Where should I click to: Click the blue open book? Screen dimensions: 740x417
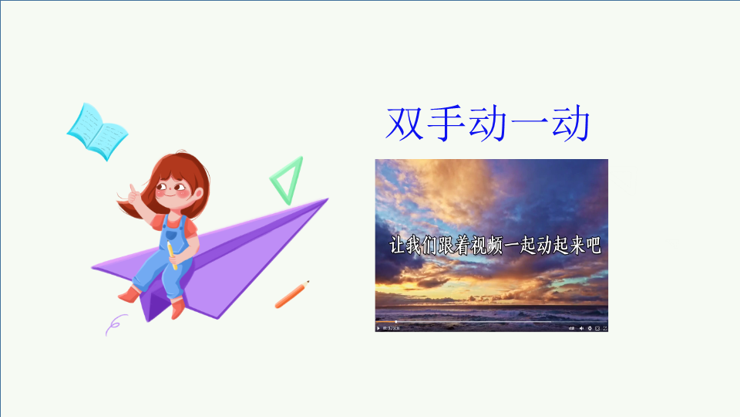point(97,132)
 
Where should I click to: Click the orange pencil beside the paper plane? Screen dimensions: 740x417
point(292,294)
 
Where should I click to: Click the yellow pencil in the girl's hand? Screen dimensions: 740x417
point(172,256)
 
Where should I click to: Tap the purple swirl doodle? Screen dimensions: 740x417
point(115,325)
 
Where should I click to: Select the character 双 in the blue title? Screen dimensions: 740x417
point(404,124)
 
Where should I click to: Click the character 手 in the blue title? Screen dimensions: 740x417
point(446,124)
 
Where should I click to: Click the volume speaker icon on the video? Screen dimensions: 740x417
point(581,328)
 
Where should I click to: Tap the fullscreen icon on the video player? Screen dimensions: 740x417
point(605,328)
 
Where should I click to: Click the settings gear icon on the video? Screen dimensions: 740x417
point(590,328)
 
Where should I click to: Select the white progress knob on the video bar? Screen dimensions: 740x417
point(396,322)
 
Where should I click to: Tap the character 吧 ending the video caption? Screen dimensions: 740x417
point(593,246)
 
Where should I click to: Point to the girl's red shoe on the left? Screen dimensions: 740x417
point(129,295)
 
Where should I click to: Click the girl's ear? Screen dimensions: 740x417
point(199,193)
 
